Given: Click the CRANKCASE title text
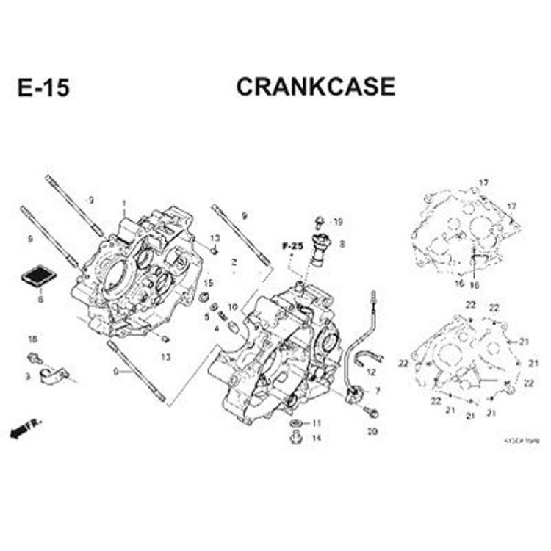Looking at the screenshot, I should (315, 87).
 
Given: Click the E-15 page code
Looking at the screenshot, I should (43, 88).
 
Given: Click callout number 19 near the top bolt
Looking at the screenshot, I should (337, 222).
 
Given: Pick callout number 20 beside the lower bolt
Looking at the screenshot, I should (372, 431).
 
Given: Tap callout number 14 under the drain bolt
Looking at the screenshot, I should (317, 438).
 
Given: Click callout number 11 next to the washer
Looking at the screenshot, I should (317, 423).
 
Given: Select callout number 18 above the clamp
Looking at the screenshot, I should (32, 339).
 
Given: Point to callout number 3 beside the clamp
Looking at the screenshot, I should (27, 376).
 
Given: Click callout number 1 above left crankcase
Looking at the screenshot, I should (124, 204).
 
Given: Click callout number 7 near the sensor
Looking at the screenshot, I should (378, 391).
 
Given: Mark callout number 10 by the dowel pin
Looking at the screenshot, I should (232, 306).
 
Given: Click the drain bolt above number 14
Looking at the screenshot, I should (296, 438).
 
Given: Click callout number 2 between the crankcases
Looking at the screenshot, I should (233, 262).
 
